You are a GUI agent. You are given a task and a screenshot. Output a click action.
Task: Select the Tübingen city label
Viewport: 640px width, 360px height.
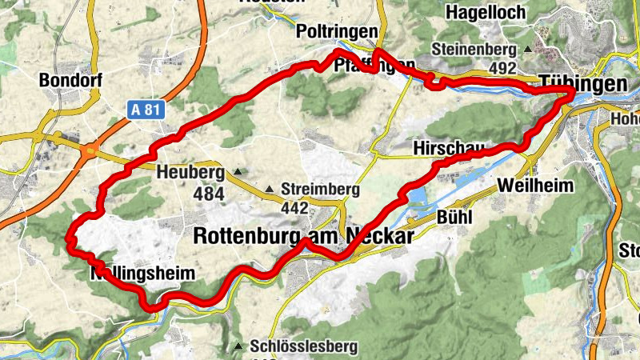[582, 85]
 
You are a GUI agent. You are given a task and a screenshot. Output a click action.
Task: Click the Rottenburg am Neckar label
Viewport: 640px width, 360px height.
[304, 236]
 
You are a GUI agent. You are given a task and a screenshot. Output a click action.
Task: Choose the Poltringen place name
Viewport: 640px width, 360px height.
[336, 30]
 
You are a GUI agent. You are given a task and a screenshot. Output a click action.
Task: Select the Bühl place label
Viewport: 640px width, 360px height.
[455, 217]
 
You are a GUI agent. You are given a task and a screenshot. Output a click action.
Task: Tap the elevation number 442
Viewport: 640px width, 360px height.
[295, 208]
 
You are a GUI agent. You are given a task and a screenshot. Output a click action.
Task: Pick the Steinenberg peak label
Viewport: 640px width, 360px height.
[475, 49]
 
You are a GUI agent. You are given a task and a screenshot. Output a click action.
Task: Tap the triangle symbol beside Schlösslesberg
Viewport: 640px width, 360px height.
[239, 346]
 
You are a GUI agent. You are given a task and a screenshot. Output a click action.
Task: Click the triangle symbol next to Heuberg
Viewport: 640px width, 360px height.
[238, 172]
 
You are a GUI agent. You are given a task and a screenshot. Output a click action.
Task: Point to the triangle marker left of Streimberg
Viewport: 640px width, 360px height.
[270, 190]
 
